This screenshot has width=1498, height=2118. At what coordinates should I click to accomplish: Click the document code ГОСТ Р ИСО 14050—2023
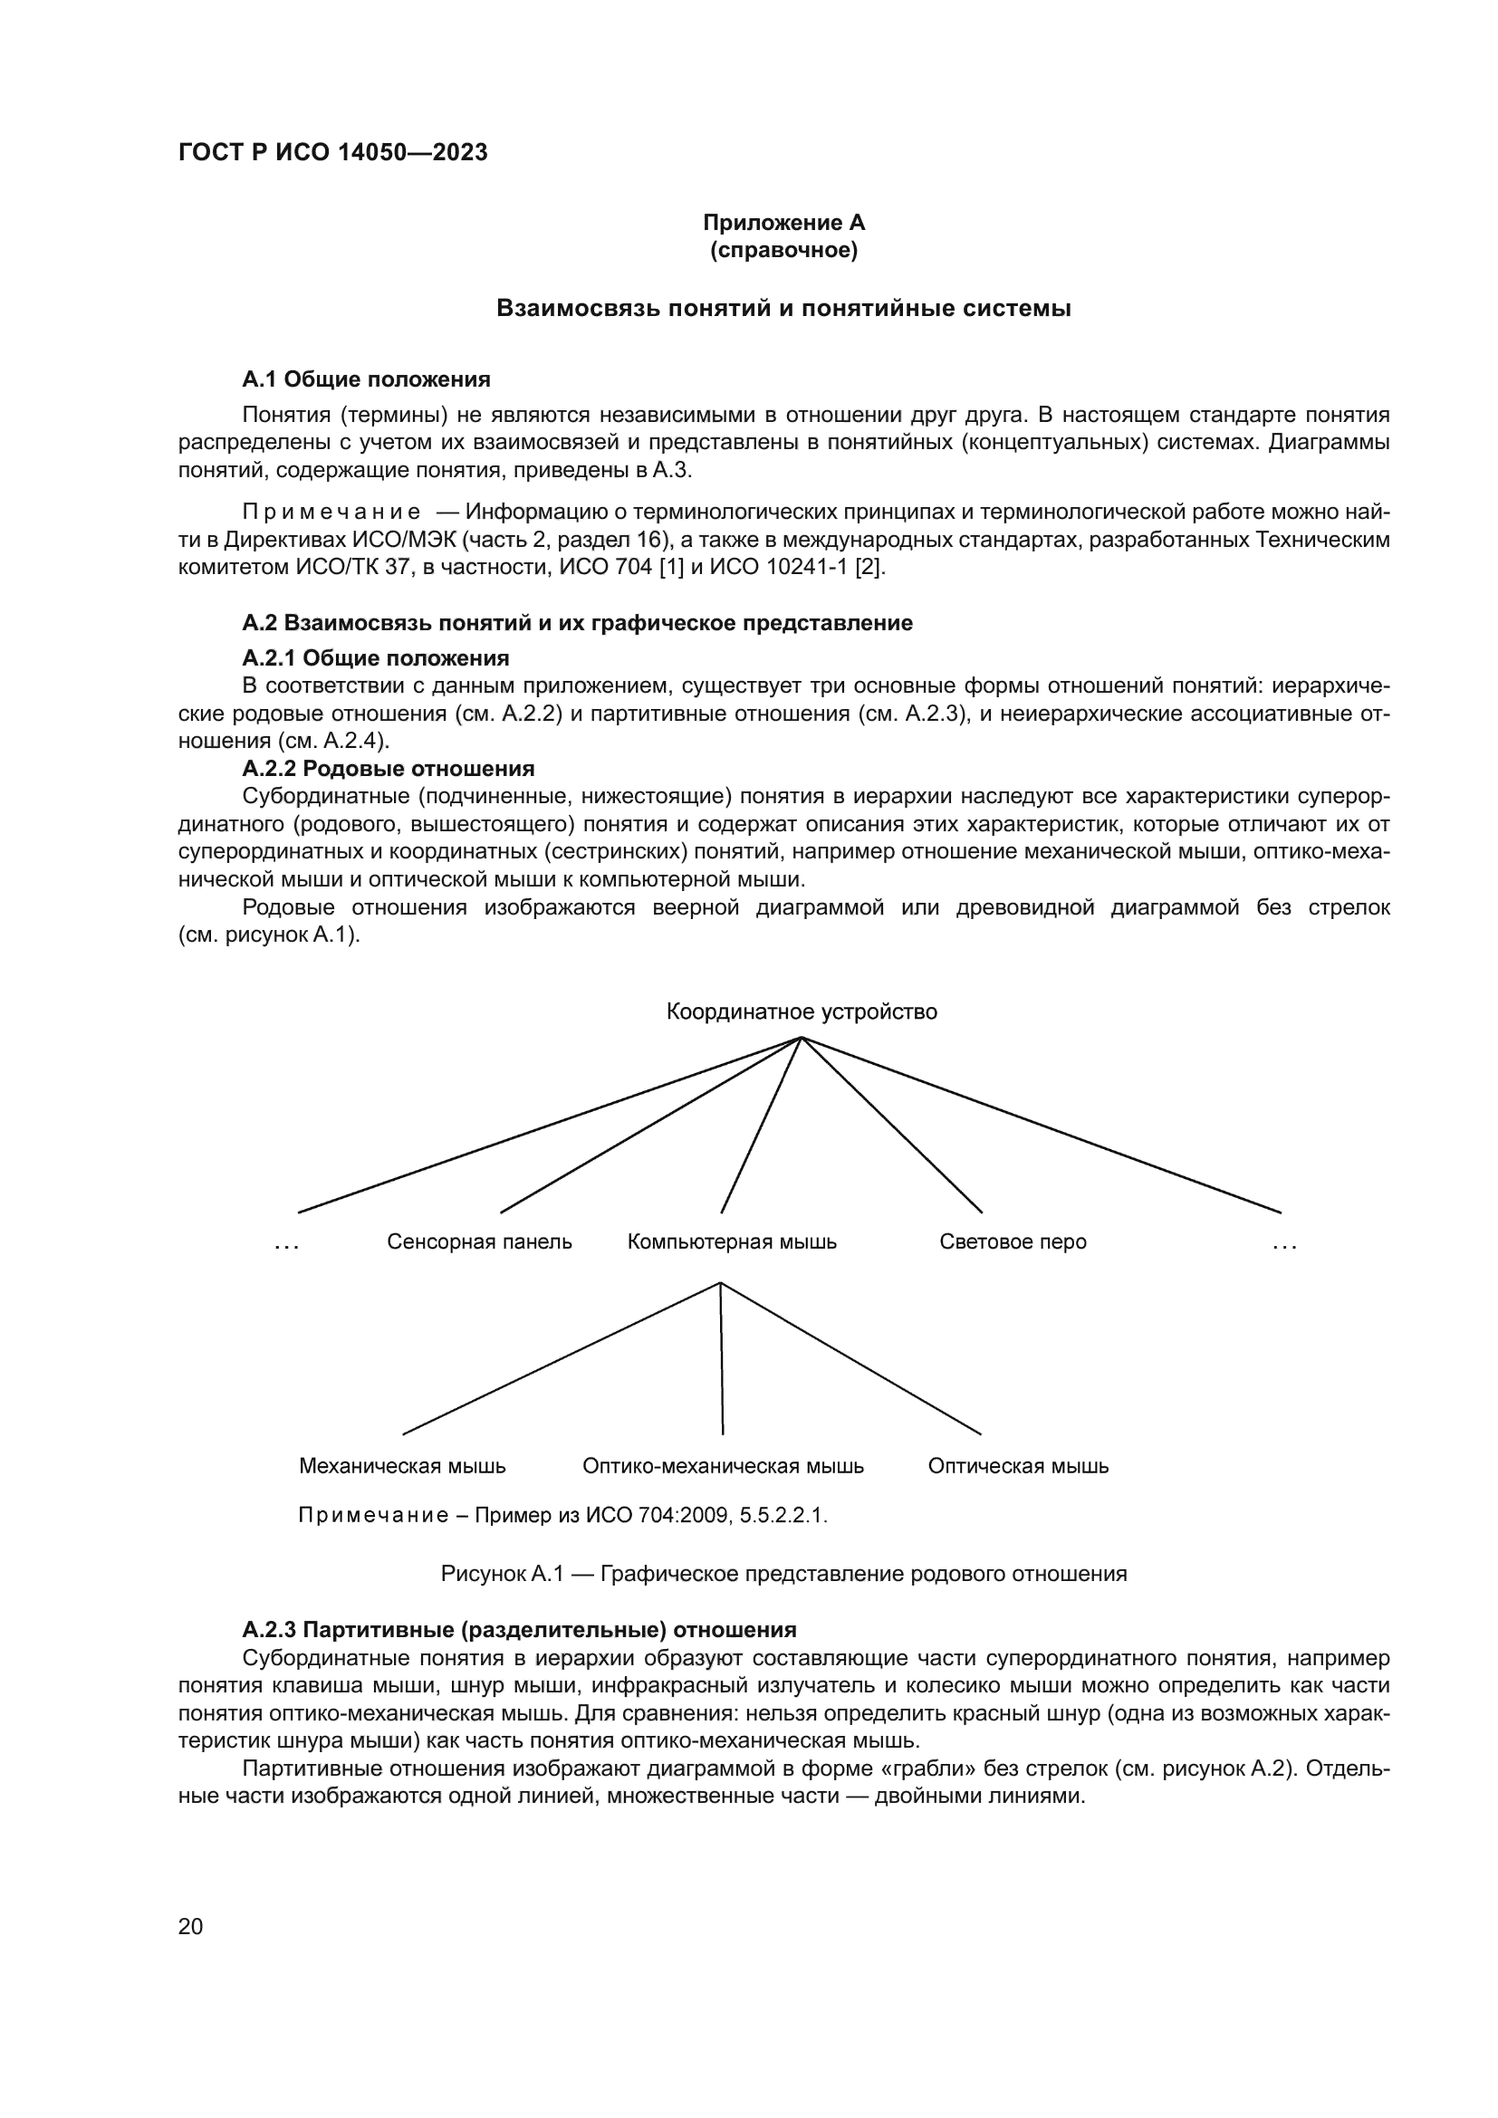pos(332,153)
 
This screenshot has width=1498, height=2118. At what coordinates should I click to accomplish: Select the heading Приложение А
pos(783,223)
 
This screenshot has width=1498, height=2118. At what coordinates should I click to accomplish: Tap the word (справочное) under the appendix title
pos(783,250)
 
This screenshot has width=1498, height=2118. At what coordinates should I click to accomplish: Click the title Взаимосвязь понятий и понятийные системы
pos(783,308)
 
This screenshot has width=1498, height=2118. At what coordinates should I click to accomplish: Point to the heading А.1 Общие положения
pos(365,379)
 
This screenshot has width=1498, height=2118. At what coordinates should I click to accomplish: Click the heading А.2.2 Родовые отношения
pos(388,769)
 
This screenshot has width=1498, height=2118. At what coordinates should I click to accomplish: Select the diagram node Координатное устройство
pos(801,1012)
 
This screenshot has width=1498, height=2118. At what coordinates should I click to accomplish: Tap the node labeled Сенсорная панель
pos(479,1241)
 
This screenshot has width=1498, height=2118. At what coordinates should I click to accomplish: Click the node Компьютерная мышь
pos(732,1241)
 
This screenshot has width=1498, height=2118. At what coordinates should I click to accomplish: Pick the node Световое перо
pos(1012,1241)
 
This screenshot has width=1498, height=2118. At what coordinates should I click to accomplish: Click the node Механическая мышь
pos(402,1466)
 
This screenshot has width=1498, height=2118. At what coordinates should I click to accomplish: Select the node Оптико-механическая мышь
pos(722,1466)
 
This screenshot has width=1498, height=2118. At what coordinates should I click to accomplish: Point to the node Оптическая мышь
pos(1017,1466)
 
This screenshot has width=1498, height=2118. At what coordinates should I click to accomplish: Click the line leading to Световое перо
pos(893,1126)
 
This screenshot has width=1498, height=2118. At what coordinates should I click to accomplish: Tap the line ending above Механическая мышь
pos(561,1359)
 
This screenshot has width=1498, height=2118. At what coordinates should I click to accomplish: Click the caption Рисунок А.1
pos(783,1574)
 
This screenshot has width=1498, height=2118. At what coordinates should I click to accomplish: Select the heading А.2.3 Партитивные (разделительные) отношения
pos(518,1630)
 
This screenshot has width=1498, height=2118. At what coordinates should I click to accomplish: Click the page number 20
pos(190,1926)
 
